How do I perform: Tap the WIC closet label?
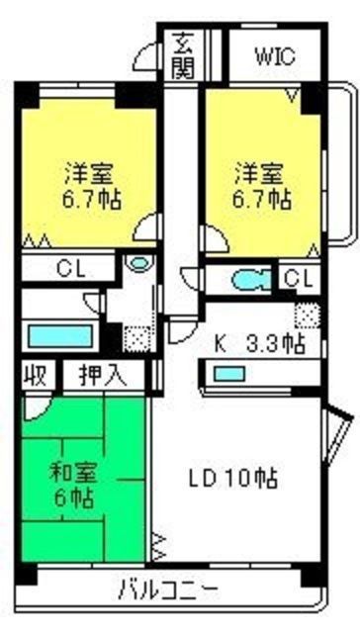(x=276, y=57)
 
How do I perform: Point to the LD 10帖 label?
(x=232, y=479)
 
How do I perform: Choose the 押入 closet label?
(x=103, y=376)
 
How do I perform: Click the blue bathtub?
(x=60, y=336)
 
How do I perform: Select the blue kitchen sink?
(x=228, y=374)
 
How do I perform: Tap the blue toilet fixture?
(x=251, y=280)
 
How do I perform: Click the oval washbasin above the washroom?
(x=139, y=264)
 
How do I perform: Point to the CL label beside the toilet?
(x=300, y=278)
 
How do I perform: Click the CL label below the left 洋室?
(x=70, y=268)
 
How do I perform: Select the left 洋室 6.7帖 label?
(x=92, y=186)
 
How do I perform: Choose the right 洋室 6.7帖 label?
(x=262, y=186)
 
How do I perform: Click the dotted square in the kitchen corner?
(x=308, y=316)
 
